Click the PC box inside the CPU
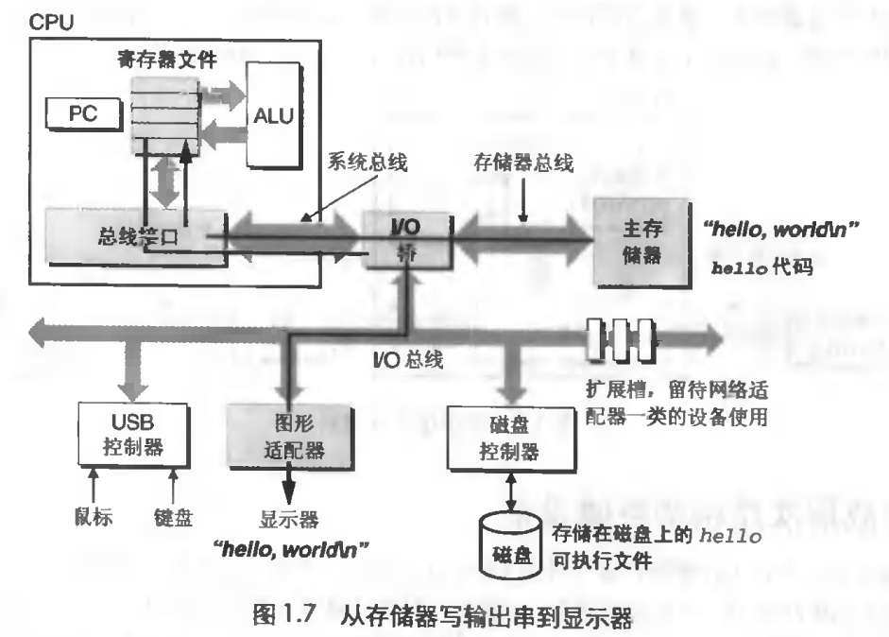point(84,114)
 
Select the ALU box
point(273,115)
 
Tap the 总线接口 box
point(137,236)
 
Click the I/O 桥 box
point(407,240)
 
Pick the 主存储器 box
point(641,243)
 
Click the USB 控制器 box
point(133,435)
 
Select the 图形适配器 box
point(290,437)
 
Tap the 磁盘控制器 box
point(510,439)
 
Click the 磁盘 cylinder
point(510,545)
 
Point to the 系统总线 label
point(368,163)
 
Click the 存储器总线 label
point(523,163)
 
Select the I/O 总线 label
point(407,359)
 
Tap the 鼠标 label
point(94,517)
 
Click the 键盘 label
point(174,517)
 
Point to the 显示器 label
point(289,519)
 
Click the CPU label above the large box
point(51,22)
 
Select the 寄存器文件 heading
point(167,59)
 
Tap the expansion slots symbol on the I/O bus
point(621,340)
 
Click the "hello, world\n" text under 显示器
point(290,549)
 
